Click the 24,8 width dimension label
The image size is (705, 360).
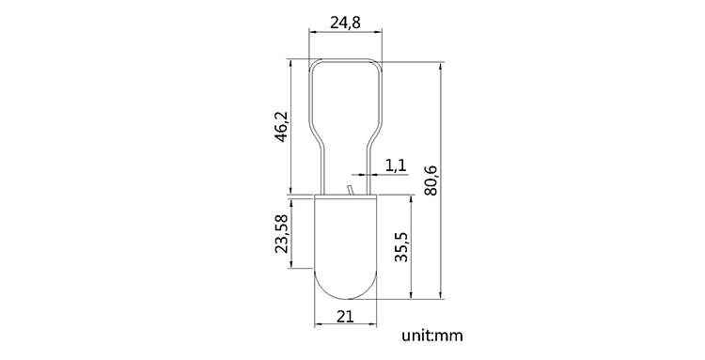[x=345, y=23]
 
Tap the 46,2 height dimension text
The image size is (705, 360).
[x=282, y=127]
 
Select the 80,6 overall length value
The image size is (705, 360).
[x=431, y=180]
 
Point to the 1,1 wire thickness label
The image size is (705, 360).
[x=396, y=165]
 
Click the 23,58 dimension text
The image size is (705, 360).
[x=282, y=233]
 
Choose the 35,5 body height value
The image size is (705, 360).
[x=400, y=247]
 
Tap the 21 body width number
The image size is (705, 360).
[x=345, y=317]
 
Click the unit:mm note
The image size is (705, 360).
[x=432, y=336]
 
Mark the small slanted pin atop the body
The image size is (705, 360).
[x=350, y=190]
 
